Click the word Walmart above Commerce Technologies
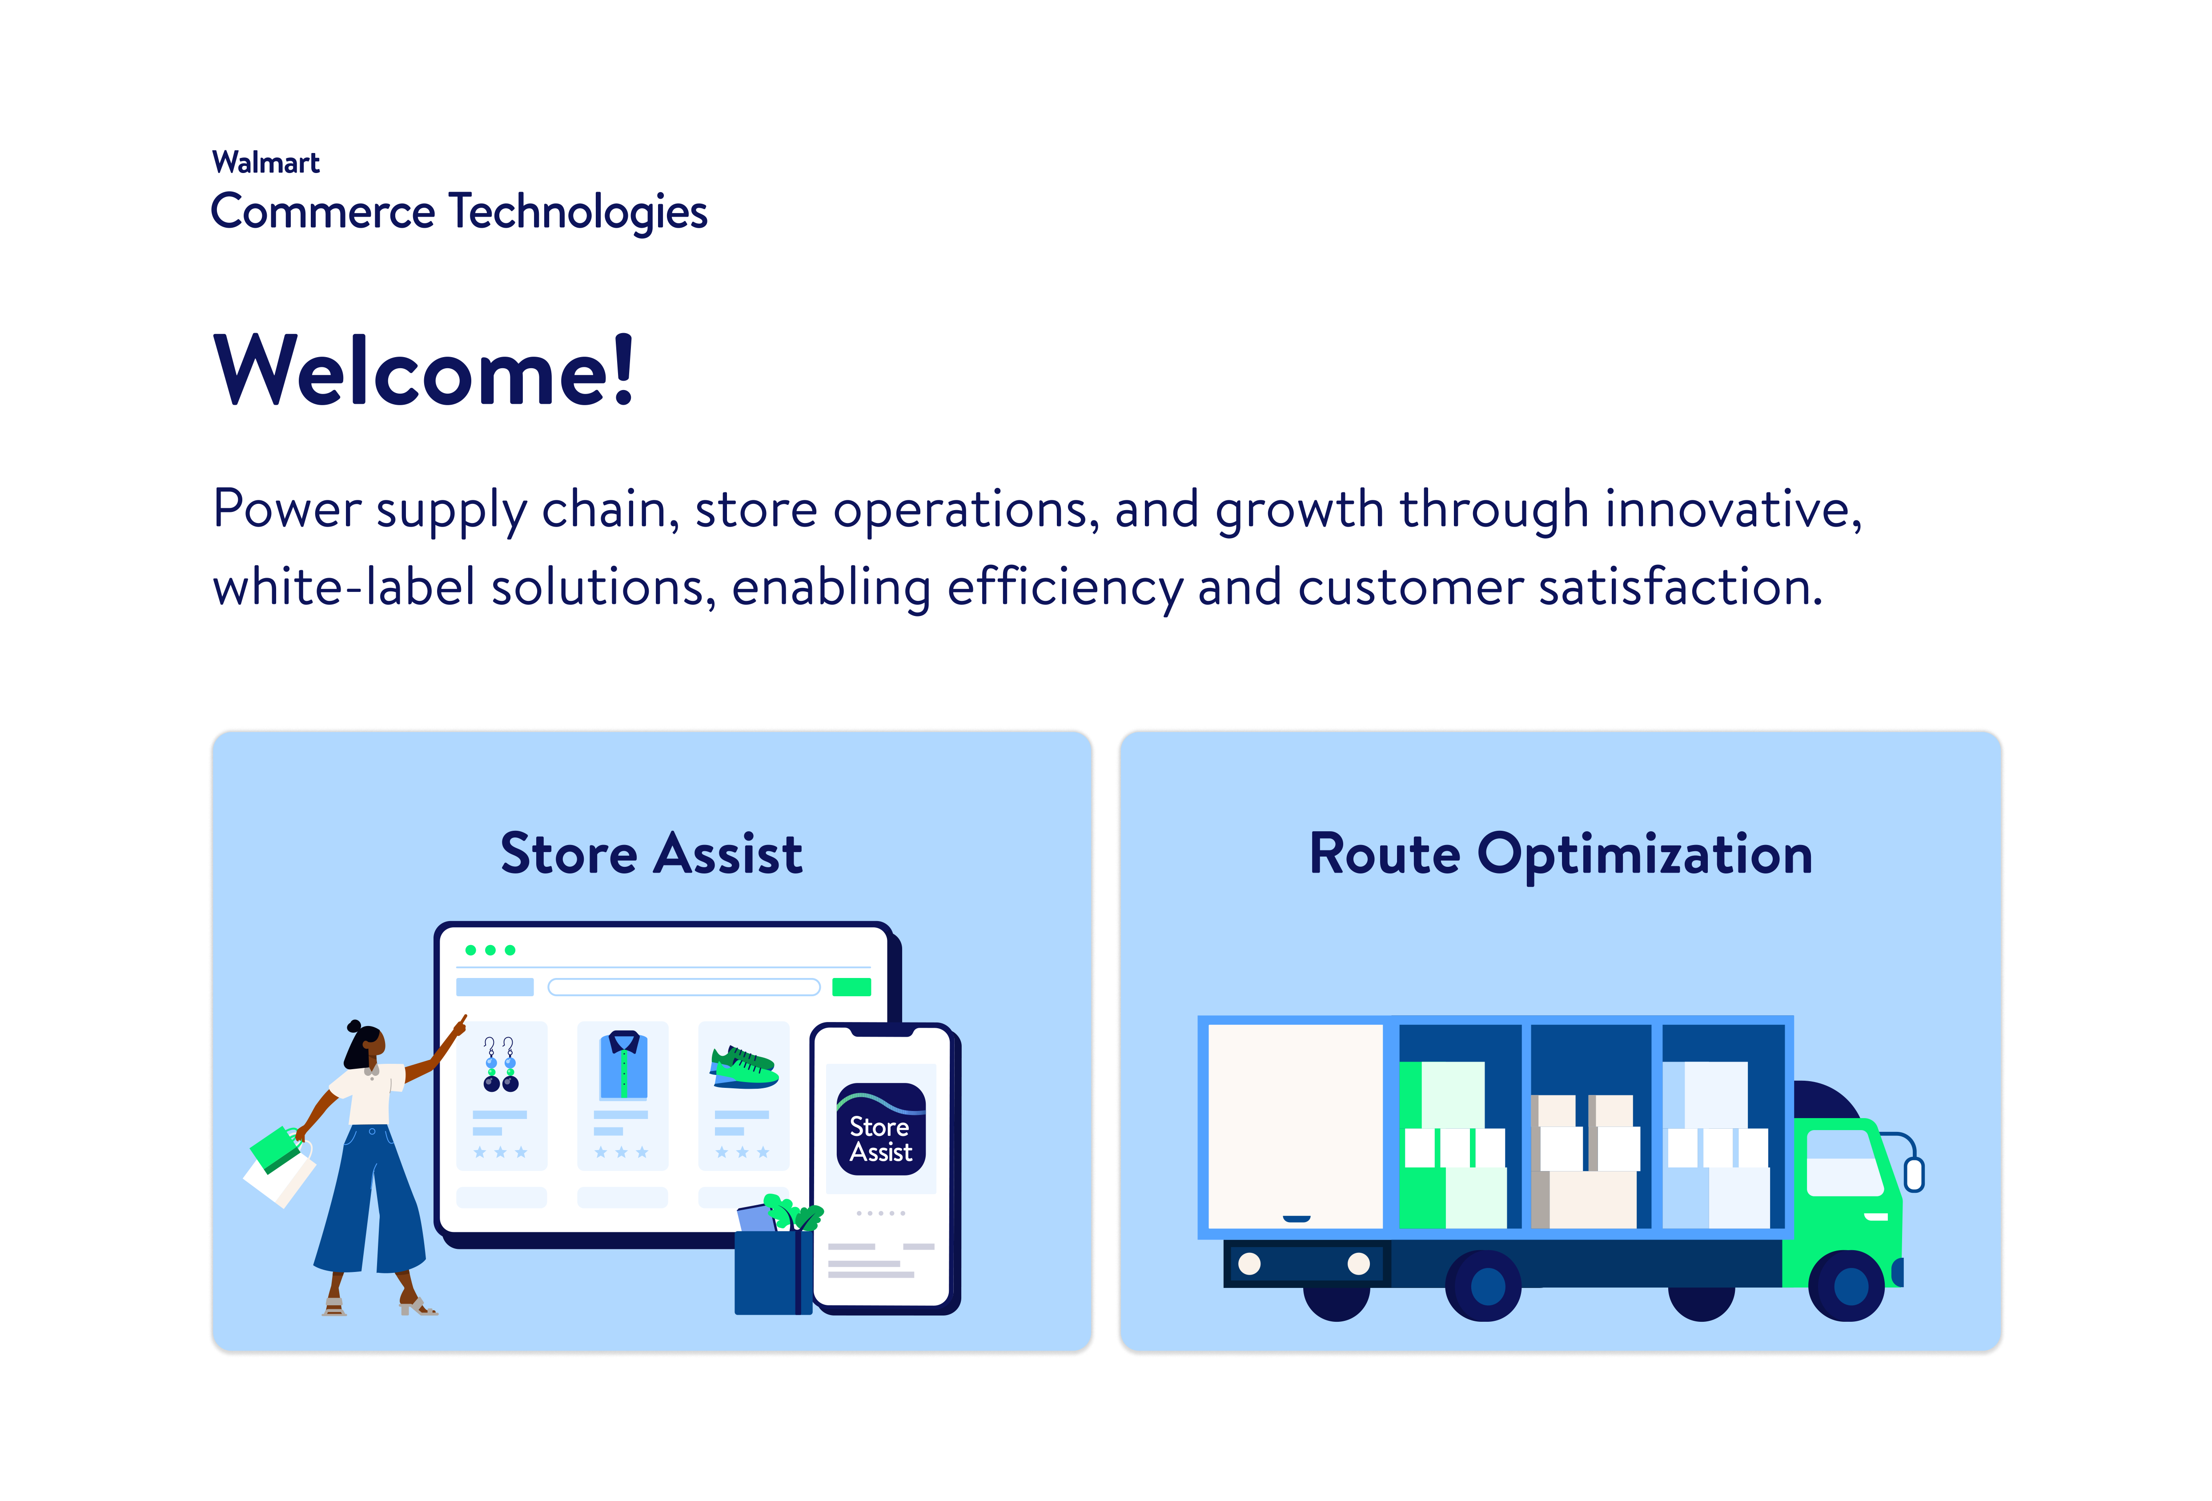point(265,163)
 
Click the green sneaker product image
point(744,1067)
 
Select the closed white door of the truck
point(1296,1126)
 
